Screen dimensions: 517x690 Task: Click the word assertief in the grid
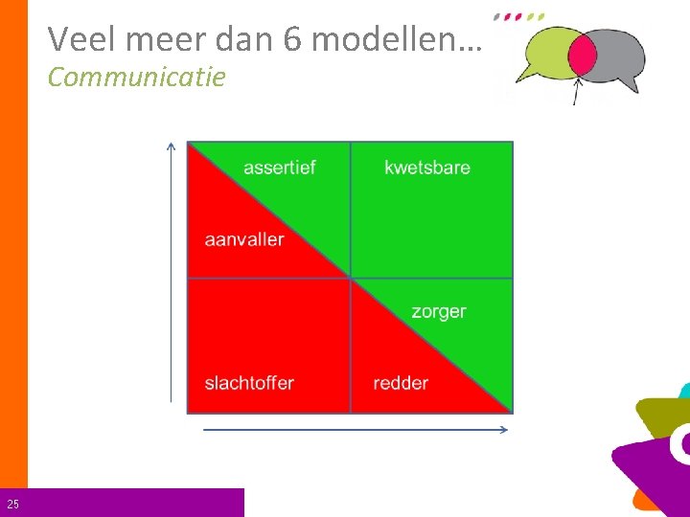coord(279,168)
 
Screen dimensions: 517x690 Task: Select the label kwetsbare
coord(427,168)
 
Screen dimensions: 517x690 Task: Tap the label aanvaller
coord(244,239)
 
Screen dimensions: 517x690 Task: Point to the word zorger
coord(439,311)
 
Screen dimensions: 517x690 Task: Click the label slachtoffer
coord(249,383)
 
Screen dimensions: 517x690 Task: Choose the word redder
coord(401,383)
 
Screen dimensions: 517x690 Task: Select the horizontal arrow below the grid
coord(355,430)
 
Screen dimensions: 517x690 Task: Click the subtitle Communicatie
coord(136,77)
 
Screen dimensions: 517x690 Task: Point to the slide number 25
coord(12,504)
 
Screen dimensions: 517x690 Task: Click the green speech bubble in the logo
coord(541,56)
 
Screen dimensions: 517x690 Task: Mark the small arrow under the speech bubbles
coord(576,91)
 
